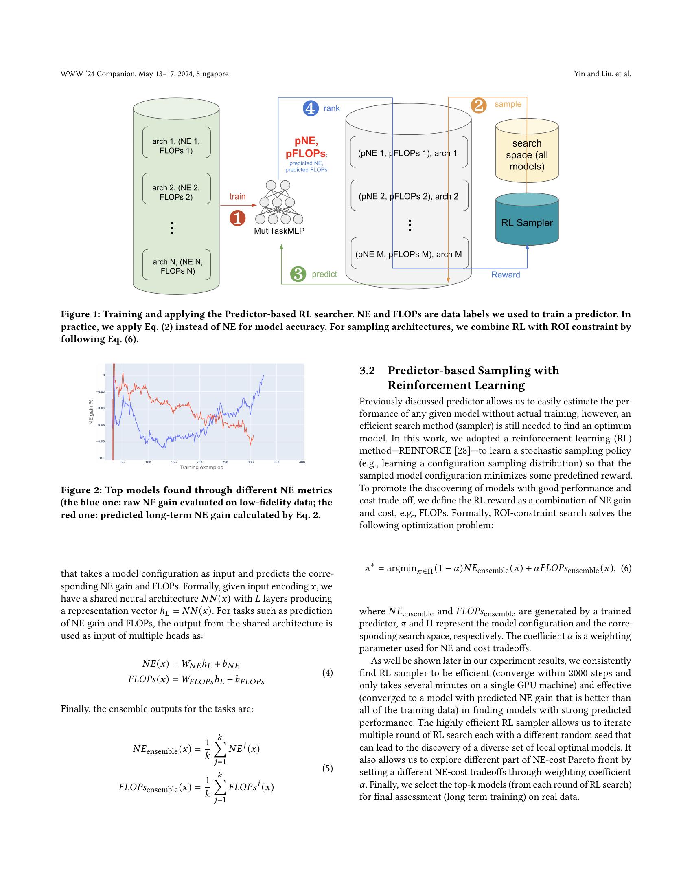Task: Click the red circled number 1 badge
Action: pyautogui.click(x=237, y=218)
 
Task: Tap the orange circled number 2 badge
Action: pyautogui.click(x=478, y=105)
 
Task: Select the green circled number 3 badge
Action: pyautogui.click(x=298, y=274)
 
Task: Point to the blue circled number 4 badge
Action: pyautogui.click(x=310, y=108)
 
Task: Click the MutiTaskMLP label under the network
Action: pyautogui.click(x=279, y=231)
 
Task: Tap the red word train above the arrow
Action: pyautogui.click(x=237, y=196)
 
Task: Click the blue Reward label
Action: pyautogui.click(x=506, y=275)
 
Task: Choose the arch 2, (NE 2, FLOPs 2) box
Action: pyautogui.click(x=176, y=192)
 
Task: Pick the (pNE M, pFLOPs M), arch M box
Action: pyautogui.click(x=409, y=255)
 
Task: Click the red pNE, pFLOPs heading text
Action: pyautogui.click(x=306, y=147)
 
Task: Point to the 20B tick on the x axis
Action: pyautogui.click(x=199, y=462)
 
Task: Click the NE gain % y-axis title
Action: pyautogui.click(x=91, y=412)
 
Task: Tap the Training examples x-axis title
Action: pyautogui.click(x=201, y=468)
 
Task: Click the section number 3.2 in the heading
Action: pyautogui.click(x=367, y=371)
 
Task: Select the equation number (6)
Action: pyautogui.click(x=626, y=568)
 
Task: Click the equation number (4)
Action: pyautogui.click(x=327, y=673)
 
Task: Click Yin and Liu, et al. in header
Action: pyautogui.click(x=602, y=74)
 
